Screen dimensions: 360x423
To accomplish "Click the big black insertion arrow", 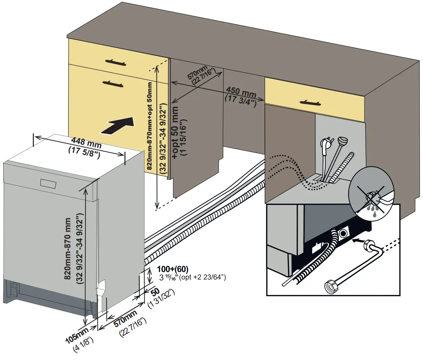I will click(118, 126).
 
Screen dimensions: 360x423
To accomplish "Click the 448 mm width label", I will click(86, 143).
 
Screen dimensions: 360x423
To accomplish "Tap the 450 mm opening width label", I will click(241, 92).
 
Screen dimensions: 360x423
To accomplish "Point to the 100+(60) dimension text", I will click(173, 269).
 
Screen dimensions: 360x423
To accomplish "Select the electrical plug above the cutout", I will click(326, 145).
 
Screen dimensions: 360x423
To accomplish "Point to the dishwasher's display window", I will click(48, 183).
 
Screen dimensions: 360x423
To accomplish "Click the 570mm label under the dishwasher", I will click(125, 318).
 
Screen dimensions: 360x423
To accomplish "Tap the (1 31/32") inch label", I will click(161, 299).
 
